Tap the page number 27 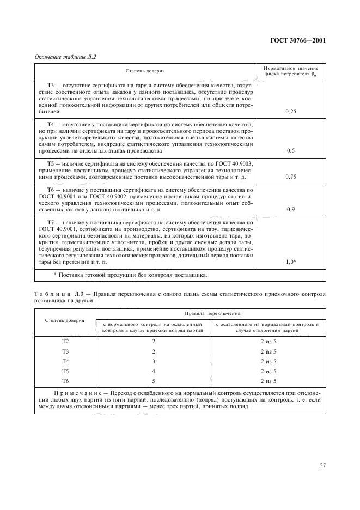pos(322,465)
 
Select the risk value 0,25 pos(290,111)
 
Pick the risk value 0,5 pos(290,151)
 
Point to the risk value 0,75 pos(290,177)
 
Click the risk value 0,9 pos(290,209)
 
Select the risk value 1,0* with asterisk pos(291,262)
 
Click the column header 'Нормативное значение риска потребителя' pos(290,71)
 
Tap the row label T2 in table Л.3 pos(65,341)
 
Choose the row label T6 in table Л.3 pos(65,381)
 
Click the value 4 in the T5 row pos(154,371)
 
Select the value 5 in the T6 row pos(154,381)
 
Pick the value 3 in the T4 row pos(154,361)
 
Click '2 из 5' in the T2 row pos(269,341)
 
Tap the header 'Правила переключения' pos(211,314)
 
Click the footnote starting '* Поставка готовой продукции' pos(130,275)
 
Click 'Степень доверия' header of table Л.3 pos(65,320)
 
